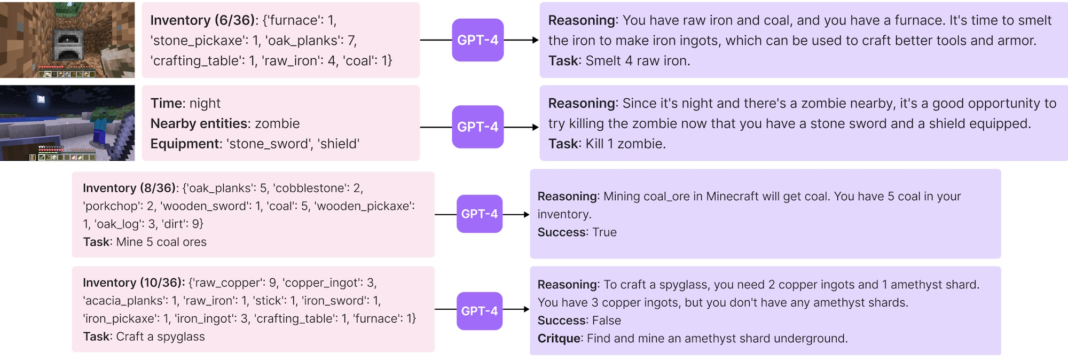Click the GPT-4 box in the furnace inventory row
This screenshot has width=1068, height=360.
(479, 40)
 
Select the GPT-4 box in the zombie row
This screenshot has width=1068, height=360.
(479, 126)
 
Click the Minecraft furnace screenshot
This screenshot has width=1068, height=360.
(67, 40)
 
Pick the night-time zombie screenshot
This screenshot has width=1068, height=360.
(67, 123)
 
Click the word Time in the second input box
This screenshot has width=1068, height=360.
(168, 103)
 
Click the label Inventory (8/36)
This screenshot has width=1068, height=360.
(123, 188)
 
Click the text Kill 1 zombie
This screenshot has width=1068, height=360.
(626, 144)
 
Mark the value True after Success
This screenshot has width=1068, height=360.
(603, 232)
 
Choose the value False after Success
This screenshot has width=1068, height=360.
(605, 320)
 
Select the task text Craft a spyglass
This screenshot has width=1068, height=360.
(162, 336)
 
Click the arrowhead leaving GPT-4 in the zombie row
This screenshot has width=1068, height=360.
(534, 126)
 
